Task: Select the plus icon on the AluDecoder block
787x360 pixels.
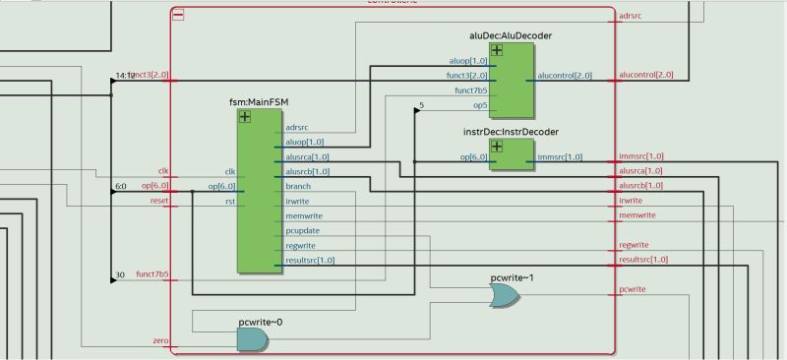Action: click(497, 50)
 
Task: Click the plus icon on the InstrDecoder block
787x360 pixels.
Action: click(497, 146)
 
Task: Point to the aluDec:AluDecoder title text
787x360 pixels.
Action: click(511, 36)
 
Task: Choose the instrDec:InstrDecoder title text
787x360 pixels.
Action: click(511, 131)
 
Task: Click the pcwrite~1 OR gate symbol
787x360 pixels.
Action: click(506, 296)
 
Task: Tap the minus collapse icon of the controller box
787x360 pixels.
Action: click(178, 16)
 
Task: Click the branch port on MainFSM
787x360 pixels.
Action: click(298, 186)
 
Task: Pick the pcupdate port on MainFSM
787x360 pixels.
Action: click(303, 231)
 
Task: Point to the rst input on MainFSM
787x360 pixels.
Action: click(229, 202)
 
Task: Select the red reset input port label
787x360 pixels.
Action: click(159, 200)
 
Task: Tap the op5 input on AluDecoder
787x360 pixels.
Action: click(480, 104)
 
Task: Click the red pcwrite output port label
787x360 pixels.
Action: click(632, 289)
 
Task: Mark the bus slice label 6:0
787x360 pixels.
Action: click(120, 185)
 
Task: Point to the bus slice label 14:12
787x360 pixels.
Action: click(124, 75)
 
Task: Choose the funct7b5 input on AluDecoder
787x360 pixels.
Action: click(469, 90)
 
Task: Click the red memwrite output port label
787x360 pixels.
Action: click(636, 215)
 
